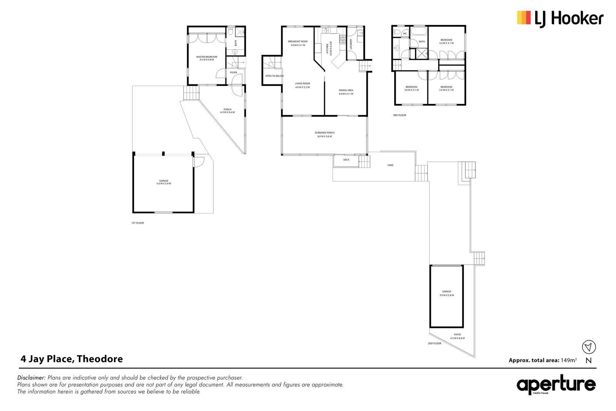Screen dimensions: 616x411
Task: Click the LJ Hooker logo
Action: [x=560, y=19]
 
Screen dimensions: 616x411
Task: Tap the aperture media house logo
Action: [x=556, y=384]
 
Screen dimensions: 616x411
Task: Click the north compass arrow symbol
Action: [x=589, y=347]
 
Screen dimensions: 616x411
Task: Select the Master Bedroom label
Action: [x=206, y=58]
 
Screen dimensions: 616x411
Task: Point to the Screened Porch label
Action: [x=325, y=134]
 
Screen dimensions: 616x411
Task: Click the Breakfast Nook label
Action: [x=298, y=43]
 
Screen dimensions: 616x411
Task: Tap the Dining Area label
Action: [x=346, y=92]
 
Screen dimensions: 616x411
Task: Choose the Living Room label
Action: [x=302, y=85]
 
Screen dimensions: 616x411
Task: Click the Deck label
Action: [x=346, y=160]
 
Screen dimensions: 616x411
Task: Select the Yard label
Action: [x=390, y=165]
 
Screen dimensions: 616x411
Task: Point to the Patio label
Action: [x=457, y=336]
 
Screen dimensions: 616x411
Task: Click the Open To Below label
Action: [x=275, y=76]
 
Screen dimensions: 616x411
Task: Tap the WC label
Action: [x=405, y=34]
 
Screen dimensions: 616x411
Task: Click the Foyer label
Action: [x=233, y=73]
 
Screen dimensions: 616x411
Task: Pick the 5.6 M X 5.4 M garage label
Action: [x=164, y=182]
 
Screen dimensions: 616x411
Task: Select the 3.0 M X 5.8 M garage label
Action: [x=447, y=293]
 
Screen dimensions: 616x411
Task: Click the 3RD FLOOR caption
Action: [x=400, y=115]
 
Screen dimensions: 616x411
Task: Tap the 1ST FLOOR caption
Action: [x=137, y=223]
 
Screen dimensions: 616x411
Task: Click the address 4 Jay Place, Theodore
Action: [x=72, y=359]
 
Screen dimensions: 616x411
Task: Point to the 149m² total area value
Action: [x=569, y=360]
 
